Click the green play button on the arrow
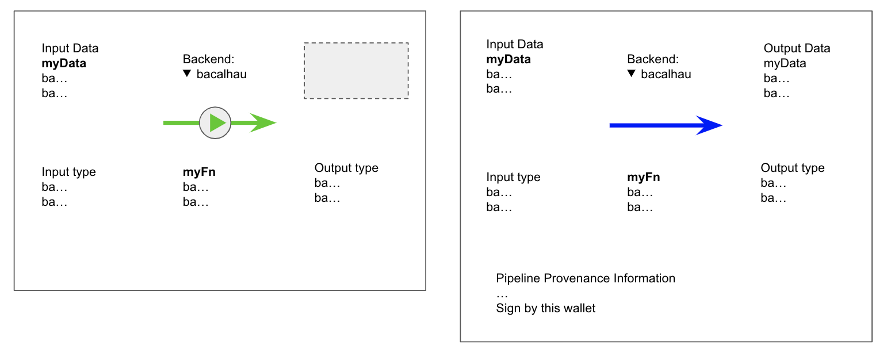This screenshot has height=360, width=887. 215,122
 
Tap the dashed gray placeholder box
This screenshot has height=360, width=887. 356,70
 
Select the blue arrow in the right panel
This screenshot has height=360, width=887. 665,125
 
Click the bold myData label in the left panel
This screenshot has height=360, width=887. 64,63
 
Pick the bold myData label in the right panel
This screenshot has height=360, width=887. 509,59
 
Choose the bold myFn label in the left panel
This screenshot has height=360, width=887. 199,172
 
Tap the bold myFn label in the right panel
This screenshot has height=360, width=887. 644,177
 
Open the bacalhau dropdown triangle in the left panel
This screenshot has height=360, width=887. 187,74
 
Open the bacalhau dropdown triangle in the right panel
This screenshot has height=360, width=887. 632,74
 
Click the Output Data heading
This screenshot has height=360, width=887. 797,48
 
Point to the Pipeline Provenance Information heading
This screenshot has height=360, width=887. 586,278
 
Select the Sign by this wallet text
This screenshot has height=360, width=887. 546,308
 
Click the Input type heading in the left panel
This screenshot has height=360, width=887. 68,172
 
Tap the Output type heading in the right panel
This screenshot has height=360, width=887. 792,168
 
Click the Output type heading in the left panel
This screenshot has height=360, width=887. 346,168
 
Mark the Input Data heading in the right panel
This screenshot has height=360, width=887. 514,44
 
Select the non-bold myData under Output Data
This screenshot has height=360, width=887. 785,63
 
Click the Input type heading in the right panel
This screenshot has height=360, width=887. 513,177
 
